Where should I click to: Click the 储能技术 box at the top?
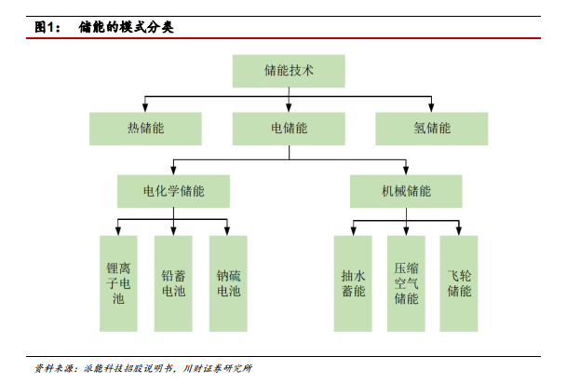click(x=289, y=71)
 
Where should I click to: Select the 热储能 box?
click(x=145, y=129)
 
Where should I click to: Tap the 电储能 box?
click(x=289, y=129)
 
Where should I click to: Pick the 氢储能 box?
click(x=432, y=129)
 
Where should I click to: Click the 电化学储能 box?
click(x=173, y=191)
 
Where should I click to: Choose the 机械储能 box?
click(x=406, y=191)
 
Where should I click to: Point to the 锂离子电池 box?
click(x=118, y=283)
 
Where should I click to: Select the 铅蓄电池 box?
click(x=173, y=283)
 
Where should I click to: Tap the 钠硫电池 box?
click(x=228, y=283)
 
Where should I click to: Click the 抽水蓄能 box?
click(x=353, y=283)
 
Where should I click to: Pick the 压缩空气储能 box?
click(x=406, y=283)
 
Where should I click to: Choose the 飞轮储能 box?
click(x=459, y=283)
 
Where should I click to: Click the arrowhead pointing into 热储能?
click(x=145, y=108)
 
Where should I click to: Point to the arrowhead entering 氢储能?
click(x=431, y=108)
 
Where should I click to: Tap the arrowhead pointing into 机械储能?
click(x=406, y=171)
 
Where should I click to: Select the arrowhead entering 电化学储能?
click(x=173, y=171)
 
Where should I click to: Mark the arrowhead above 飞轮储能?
click(x=459, y=231)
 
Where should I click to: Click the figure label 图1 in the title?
click(x=45, y=27)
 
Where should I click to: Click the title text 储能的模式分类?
click(x=126, y=27)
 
